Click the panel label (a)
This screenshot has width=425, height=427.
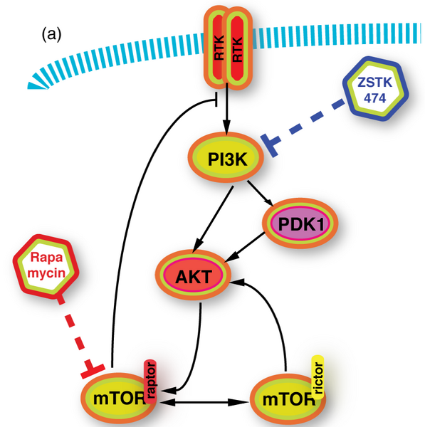(x=54, y=33)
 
